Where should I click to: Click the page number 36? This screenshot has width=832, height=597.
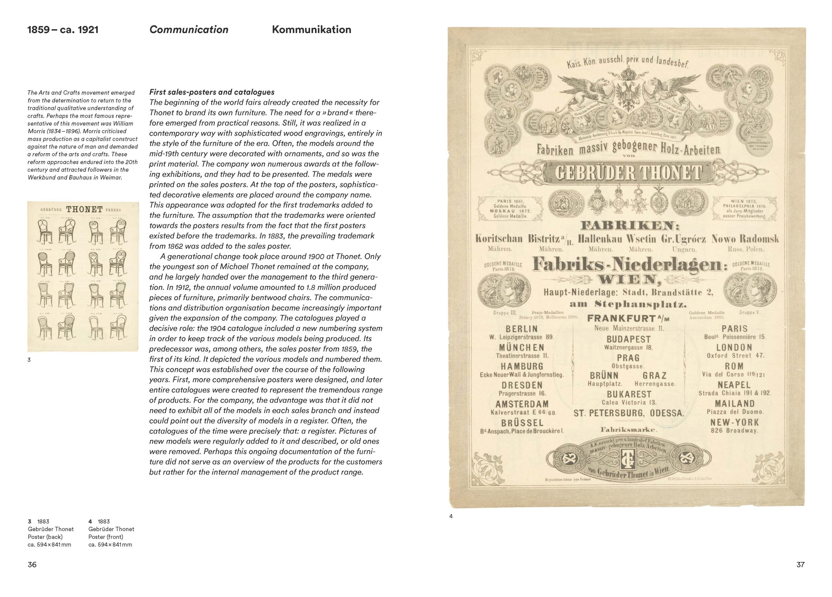click(x=32, y=565)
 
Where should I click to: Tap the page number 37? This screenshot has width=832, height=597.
click(x=800, y=565)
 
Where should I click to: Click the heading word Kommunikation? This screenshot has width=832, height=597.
click(x=311, y=30)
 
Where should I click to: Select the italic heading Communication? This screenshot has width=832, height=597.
click(x=188, y=30)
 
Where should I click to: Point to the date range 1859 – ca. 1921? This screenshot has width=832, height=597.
click(x=63, y=30)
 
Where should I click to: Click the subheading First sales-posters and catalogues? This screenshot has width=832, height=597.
click(x=212, y=92)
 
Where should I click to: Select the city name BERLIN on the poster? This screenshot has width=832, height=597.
click(x=521, y=328)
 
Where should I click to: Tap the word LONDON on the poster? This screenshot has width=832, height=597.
click(x=734, y=347)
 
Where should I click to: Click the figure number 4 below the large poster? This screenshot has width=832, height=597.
click(x=451, y=516)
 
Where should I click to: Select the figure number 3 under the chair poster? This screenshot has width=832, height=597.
click(x=29, y=360)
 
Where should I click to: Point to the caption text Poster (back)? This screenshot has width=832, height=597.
click(x=45, y=537)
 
